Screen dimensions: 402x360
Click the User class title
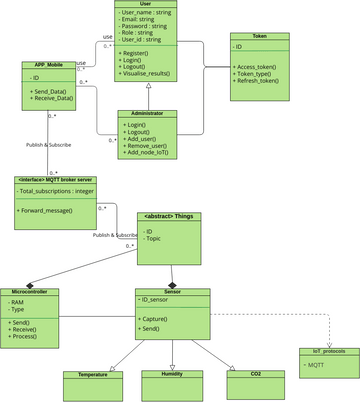pyautogui.click(x=146, y=4)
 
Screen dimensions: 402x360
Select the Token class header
pyautogui.click(x=259, y=36)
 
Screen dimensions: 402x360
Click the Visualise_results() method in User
pyautogui.click(x=147, y=74)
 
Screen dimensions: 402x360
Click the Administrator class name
pyautogui.click(x=147, y=113)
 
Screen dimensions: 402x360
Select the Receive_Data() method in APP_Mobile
pyautogui.click(x=51, y=99)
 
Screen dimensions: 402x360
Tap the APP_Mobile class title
pyautogui.click(x=49, y=65)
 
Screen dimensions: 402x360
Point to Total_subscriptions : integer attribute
pyautogui.click(x=56, y=190)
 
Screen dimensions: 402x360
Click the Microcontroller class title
pyautogui.click(x=30, y=292)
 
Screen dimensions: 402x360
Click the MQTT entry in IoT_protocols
pyautogui.click(x=316, y=365)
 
